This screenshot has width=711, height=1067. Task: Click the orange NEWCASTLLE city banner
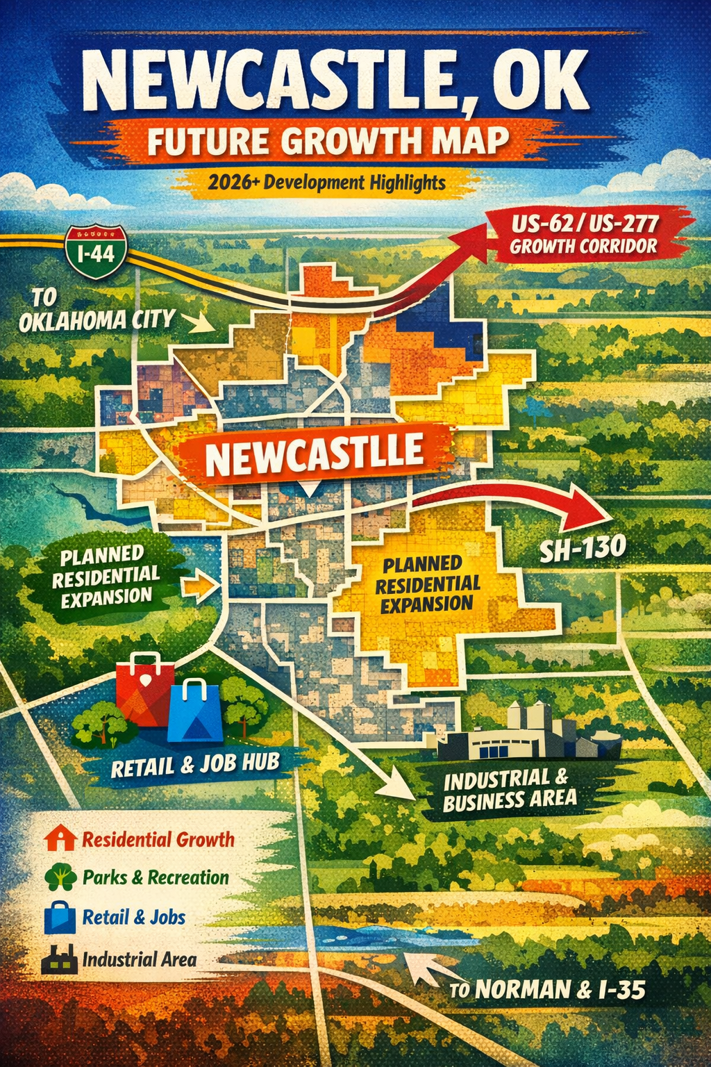click(314, 455)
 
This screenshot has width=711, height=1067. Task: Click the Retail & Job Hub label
click(195, 765)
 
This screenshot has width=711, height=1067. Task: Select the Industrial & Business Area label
click(510, 790)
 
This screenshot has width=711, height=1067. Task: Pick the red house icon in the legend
click(60, 838)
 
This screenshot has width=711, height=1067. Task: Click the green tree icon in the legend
click(60, 877)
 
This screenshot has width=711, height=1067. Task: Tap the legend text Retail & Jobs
click(134, 917)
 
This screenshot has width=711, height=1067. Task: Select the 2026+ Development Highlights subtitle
click(326, 183)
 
